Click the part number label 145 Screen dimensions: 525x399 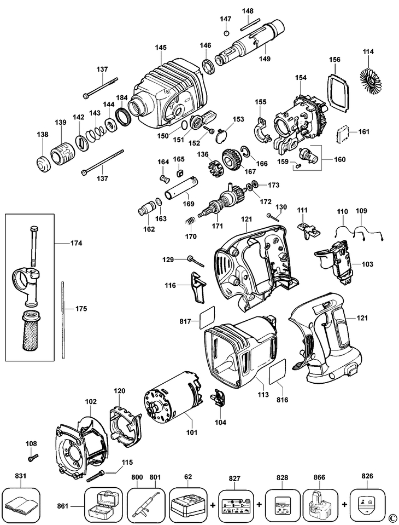coord(161,48)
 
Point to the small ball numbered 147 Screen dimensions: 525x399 coord(226,33)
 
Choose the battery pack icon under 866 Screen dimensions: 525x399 coord(319,501)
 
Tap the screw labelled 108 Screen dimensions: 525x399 coord(33,456)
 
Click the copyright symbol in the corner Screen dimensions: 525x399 coord(392,518)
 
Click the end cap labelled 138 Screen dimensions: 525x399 coord(42,163)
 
